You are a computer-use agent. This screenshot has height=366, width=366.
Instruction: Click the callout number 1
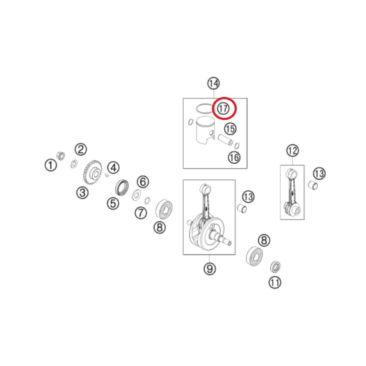click(51, 165)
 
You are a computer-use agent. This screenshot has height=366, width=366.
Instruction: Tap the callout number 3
click(82, 193)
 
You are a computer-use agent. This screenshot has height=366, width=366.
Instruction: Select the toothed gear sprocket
click(93, 172)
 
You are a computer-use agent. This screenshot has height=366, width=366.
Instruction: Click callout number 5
click(113, 203)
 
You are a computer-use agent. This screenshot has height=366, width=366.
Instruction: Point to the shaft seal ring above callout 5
click(122, 187)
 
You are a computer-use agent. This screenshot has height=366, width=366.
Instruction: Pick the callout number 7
click(141, 213)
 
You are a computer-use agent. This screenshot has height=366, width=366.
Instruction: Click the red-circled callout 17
click(223, 109)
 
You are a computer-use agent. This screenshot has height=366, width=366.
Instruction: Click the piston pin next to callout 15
click(226, 139)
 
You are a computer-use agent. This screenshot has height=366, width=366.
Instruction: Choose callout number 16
click(234, 157)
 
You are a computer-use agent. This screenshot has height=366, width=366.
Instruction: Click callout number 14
click(214, 83)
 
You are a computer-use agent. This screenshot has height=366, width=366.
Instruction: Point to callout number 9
click(210, 269)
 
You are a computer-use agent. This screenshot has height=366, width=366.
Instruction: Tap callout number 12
click(292, 150)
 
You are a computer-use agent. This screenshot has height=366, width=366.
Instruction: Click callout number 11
click(275, 283)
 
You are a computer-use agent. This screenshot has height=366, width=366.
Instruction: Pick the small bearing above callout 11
click(276, 267)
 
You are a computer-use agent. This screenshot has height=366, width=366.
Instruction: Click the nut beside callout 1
click(61, 156)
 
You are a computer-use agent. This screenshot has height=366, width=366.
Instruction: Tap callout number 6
click(143, 182)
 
